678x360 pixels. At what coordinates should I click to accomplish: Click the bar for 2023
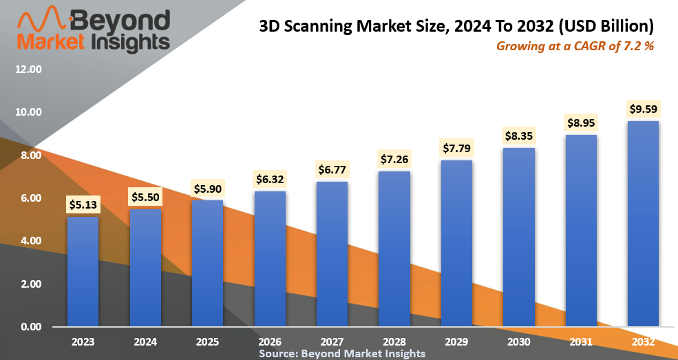(x=83, y=271)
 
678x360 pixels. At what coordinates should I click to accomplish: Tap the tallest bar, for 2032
(x=643, y=223)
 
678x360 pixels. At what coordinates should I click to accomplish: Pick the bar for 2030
(x=519, y=237)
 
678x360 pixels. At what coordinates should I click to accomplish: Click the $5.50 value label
(x=145, y=197)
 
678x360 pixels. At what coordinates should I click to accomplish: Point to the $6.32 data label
(x=270, y=179)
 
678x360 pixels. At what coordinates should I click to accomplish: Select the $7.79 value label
(x=456, y=148)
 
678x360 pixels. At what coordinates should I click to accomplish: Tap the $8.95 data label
(x=581, y=123)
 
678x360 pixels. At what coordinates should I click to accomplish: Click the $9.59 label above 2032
(x=643, y=109)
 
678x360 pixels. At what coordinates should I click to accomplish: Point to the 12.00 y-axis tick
(x=28, y=70)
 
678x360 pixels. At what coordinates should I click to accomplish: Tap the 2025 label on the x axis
(x=207, y=341)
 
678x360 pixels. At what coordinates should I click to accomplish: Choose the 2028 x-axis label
(x=394, y=341)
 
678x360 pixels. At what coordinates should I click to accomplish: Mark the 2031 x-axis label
(x=581, y=341)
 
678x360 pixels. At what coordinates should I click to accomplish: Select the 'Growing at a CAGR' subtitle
(x=574, y=47)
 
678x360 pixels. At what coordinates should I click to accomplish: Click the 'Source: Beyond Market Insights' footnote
(x=342, y=353)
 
